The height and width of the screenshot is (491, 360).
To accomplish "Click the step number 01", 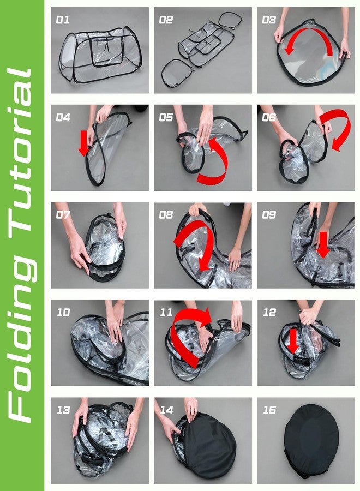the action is [x=63, y=20].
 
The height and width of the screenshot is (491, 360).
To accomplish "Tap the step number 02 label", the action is [x=166, y=20].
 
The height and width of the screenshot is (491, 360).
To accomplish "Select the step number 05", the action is [x=166, y=117].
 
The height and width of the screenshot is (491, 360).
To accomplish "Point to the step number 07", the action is [x=63, y=215].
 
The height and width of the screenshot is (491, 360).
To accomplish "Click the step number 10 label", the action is [x=64, y=312].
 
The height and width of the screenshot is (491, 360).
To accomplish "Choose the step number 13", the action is [x=64, y=410].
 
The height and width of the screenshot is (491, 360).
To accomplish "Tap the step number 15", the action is [x=269, y=410].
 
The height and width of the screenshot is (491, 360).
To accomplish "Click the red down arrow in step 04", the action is [x=83, y=143].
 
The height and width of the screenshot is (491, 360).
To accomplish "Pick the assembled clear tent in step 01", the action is [x=100, y=55].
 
